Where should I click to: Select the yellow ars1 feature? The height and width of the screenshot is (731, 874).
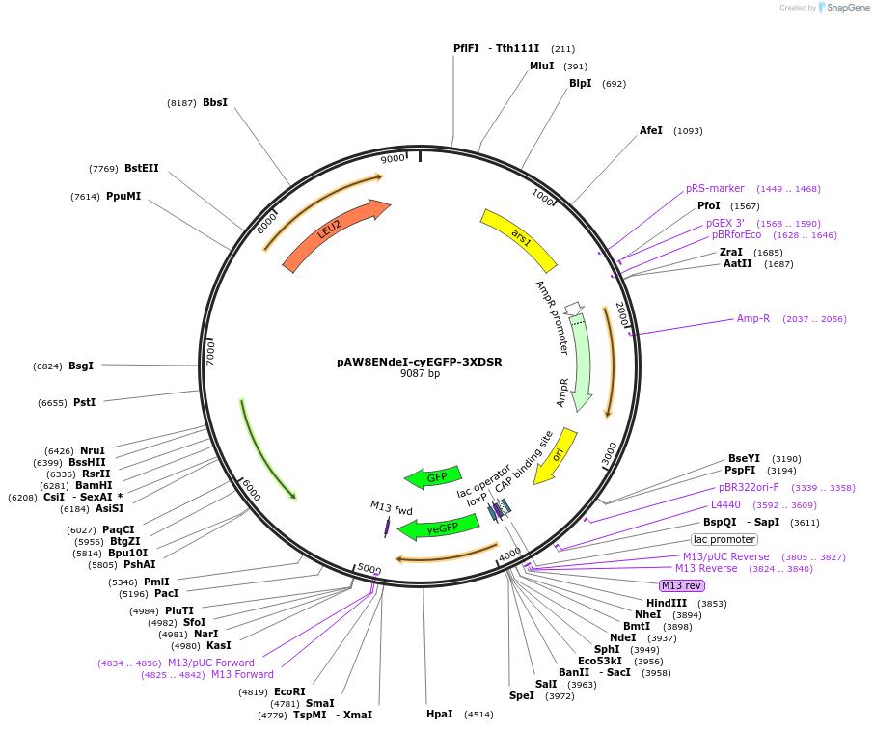click(519, 239)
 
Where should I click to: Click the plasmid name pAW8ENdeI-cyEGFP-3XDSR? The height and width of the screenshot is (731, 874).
click(420, 362)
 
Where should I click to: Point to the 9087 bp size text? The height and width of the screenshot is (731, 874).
click(420, 374)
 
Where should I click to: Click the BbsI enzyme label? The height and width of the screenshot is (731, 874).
click(215, 102)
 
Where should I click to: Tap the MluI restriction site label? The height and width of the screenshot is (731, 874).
click(542, 66)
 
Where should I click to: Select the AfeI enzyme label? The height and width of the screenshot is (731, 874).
click(651, 130)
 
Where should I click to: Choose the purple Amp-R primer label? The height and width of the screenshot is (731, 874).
click(753, 318)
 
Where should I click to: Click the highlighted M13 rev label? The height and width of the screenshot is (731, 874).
click(681, 585)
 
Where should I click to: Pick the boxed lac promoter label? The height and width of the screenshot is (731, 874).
click(724, 539)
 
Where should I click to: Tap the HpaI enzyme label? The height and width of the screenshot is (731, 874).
click(439, 714)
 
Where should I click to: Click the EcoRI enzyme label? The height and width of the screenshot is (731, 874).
click(289, 691)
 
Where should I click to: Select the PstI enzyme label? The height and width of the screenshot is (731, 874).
click(84, 402)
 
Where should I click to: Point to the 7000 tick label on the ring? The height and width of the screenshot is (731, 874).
click(209, 352)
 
